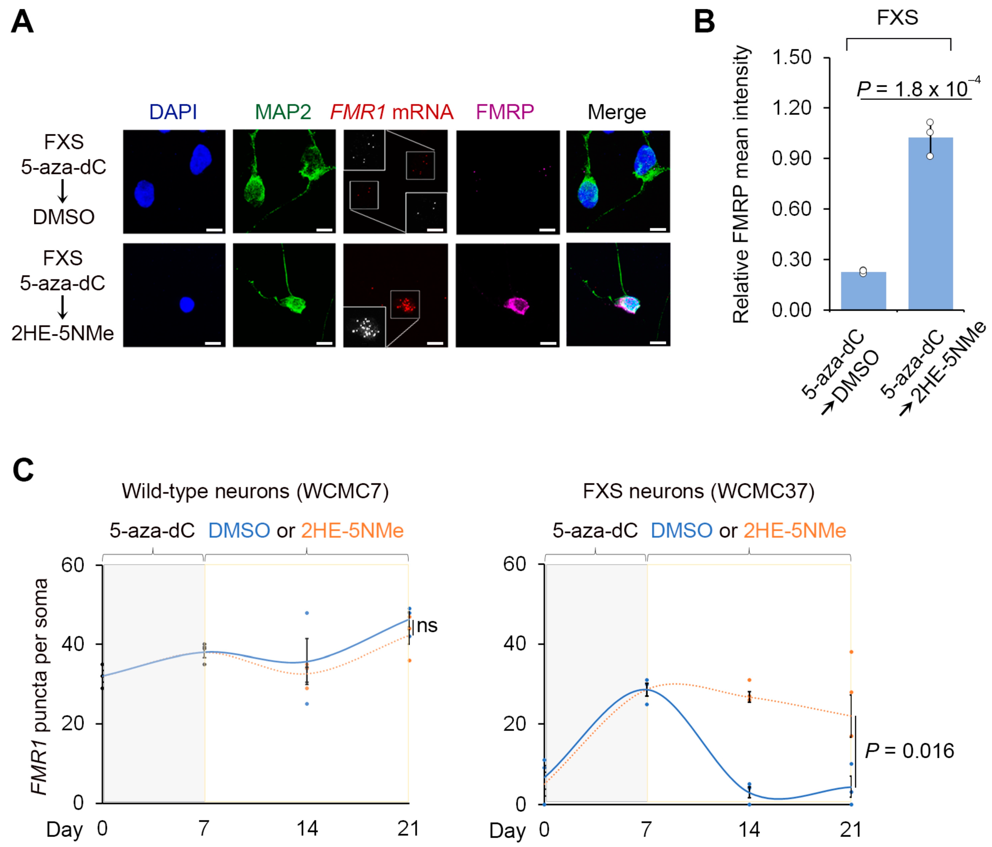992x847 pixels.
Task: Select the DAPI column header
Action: point(173,112)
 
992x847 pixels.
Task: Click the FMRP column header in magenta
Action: point(504,112)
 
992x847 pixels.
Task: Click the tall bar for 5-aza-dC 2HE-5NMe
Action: point(930,225)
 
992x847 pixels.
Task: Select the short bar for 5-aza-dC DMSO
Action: point(863,291)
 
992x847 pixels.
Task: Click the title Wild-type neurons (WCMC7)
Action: point(255,491)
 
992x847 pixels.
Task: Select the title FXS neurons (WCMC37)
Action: point(698,491)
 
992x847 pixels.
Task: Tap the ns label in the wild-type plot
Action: point(427,625)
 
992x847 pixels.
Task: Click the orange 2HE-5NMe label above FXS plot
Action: point(795,530)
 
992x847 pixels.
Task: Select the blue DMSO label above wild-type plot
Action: point(239,530)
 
